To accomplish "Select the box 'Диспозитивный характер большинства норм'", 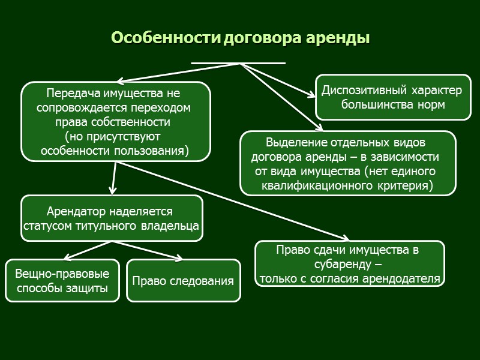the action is click(x=393, y=97).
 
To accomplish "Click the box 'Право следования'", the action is click(x=183, y=280).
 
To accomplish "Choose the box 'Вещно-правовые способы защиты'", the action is click(x=62, y=281).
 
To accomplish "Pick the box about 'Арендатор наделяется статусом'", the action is click(x=112, y=219).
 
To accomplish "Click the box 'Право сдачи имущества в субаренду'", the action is click(x=350, y=263).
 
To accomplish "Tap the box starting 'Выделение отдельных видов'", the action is click(x=347, y=163).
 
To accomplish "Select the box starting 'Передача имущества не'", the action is click(x=116, y=122).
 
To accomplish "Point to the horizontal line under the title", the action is click(x=238, y=62).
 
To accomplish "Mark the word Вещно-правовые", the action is click(x=62, y=274).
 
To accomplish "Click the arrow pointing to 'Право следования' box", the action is click(x=150, y=251).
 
